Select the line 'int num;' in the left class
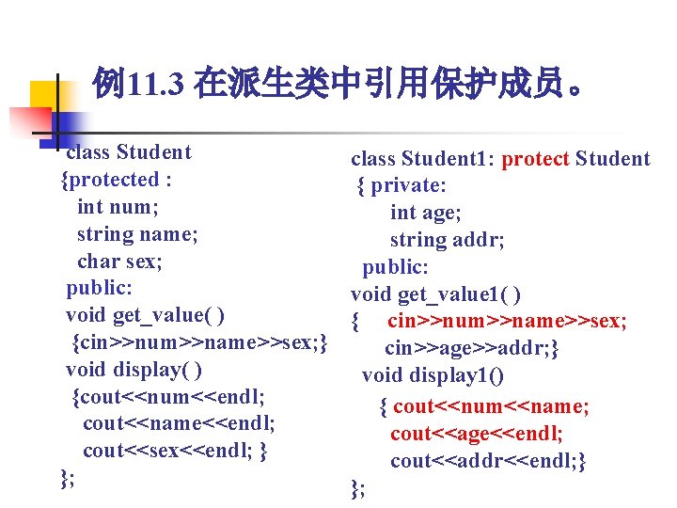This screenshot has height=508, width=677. [x=118, y=206]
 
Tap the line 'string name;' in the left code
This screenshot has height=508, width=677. [x=137, y=233]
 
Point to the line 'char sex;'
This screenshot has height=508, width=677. [x=119, y=261]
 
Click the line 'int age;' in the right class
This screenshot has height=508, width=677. [x=425, y=214]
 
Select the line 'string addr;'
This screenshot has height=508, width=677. [x=447, y=241]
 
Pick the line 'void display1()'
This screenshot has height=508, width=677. [x=433, y=376]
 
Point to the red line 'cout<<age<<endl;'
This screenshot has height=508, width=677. [x=477, y=434]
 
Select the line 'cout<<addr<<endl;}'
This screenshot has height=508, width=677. [x=489, y=461]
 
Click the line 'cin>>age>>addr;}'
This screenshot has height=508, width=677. [x=473, y=349]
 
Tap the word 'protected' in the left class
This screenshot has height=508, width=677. [x=111, y=179]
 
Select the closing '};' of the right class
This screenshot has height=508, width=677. [x=358, y=487]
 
